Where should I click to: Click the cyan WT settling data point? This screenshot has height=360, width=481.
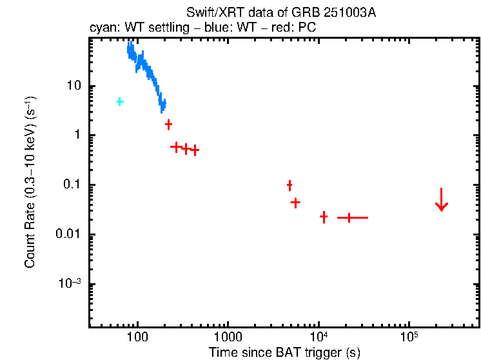click(120, 102)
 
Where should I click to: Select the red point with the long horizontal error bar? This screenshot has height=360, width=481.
click(349, 218)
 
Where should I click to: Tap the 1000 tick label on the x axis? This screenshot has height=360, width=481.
click(228, 337)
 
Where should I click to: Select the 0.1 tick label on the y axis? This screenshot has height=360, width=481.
click(72, 185)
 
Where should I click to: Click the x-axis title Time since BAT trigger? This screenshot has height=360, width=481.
click(284, 352)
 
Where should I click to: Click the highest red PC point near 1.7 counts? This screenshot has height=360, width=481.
click(168, 124)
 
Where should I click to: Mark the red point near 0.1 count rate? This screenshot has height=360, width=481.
click(290, 186)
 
